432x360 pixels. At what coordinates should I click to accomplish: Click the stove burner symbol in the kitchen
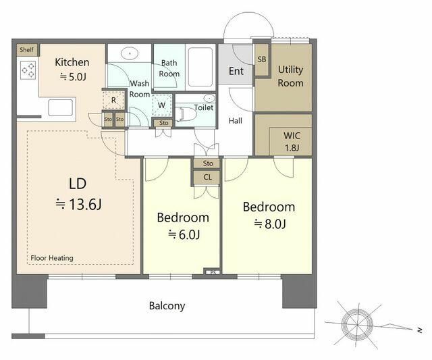click(x=28, y=70)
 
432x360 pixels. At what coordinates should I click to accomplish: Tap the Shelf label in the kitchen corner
click(x=27, y=50)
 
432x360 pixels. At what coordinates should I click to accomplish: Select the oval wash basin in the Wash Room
click(x=129, y=53)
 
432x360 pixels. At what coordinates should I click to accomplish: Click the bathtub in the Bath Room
click(x=200, y=68)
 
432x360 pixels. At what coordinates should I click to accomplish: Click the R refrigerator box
click(x=113, y=100)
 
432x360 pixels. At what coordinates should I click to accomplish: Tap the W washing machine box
click(x=162, y=105)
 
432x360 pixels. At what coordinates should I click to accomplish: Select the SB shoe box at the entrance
click(x=261, y=59)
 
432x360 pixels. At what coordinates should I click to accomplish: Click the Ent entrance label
click(x=236, y=71)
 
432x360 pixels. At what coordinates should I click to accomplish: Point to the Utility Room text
click(x=290, y=76)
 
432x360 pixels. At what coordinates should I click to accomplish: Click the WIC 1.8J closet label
click(x=292, y=142)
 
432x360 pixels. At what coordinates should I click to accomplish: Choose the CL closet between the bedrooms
click(x=207, y=177)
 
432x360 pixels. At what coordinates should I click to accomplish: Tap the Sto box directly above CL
click(x=207, y=163)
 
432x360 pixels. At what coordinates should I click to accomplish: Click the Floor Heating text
click(x=52, y=258)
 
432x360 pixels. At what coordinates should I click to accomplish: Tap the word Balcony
click(x=167, y=306)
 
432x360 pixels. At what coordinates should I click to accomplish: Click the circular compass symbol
click(x=357, y=324)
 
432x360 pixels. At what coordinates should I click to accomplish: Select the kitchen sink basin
click(x=61, y=107)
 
